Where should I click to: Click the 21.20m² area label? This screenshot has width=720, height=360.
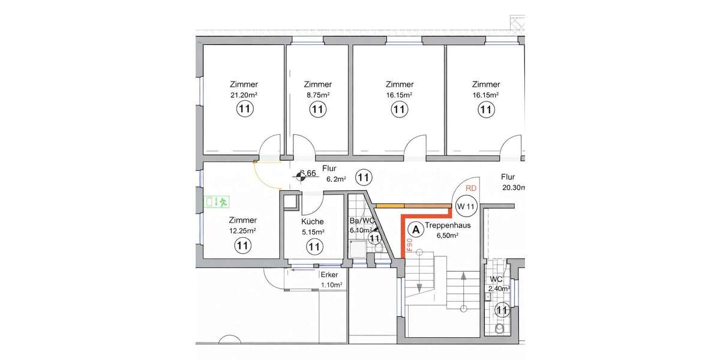pyautogui.click(x=244, y=95)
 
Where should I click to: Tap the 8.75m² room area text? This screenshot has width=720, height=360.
pyautogui.click(x=318, y=95)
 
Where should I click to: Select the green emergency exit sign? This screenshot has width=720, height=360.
pyautogui.click(x=217, y=202)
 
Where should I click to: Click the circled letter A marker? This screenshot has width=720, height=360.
pyautogui.click(x=415, y=228)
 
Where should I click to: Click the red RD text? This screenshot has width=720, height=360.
pyautogui.click(x=472, y=188)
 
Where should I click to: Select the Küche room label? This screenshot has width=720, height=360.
pyautogui.click(x=313, y=221)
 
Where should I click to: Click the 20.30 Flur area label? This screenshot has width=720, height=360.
pyautogui.click(x=514, y=188)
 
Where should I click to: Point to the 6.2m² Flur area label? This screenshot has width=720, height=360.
pyautogui.click(x=336, y=179)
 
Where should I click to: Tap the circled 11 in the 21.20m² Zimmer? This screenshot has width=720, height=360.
pyautogui.click(x=244, y=109)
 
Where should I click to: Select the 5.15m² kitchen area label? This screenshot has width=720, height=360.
pyautogui.click(x=313, y=231)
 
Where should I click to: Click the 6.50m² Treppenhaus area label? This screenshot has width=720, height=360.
pyautogui.click(x=447, y=236)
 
